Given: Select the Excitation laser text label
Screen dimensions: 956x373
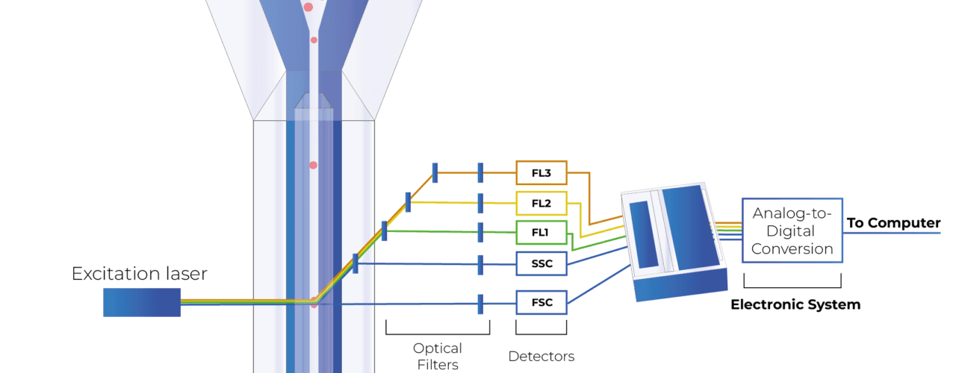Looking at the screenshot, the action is coord(139,274).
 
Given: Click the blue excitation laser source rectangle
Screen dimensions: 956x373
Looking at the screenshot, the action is coord(142,302).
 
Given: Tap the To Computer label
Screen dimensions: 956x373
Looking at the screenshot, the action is coord(893,223).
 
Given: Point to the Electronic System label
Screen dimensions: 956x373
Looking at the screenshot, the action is coord(795,304).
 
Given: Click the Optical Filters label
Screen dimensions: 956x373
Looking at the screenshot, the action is coord(438,357).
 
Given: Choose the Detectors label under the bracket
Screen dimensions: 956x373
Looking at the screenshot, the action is coord(541,357).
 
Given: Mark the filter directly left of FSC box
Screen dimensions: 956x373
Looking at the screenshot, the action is coord(480,304).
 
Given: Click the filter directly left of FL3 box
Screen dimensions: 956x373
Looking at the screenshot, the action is coord(480,172).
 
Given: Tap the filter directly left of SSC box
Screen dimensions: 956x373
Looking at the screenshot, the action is coord(480,265).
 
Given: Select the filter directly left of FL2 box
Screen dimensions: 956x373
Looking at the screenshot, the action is coord(480,203).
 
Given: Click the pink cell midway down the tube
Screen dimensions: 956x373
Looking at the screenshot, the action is coord(313,165).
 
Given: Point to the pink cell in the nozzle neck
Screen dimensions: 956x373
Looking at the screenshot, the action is coord(314,40).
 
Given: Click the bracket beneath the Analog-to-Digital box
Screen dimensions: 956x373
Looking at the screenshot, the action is coord(792,287).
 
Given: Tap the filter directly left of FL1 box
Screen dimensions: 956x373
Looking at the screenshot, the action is coord(480,232).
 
